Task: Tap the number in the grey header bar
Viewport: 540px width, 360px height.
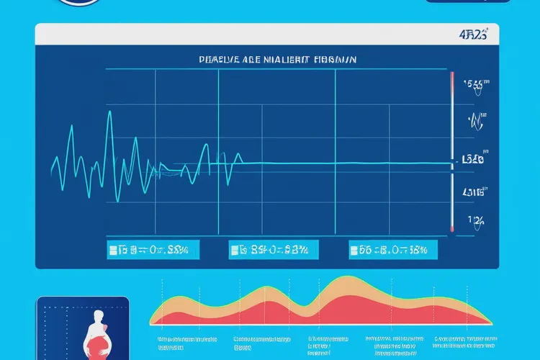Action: tap(473, 34)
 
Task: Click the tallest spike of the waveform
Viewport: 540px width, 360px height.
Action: tap(109, 114)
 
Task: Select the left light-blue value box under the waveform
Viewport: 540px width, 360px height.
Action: tap(153, 250)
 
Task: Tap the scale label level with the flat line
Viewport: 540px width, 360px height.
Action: tap(473, 159)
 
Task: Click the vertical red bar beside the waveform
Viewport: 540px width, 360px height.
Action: tap(452, 151)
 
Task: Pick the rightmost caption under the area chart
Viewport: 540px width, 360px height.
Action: tap(464, 342)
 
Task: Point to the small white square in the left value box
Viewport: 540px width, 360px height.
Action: tap(112, 251)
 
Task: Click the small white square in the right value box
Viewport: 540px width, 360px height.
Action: tap(354, 251)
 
